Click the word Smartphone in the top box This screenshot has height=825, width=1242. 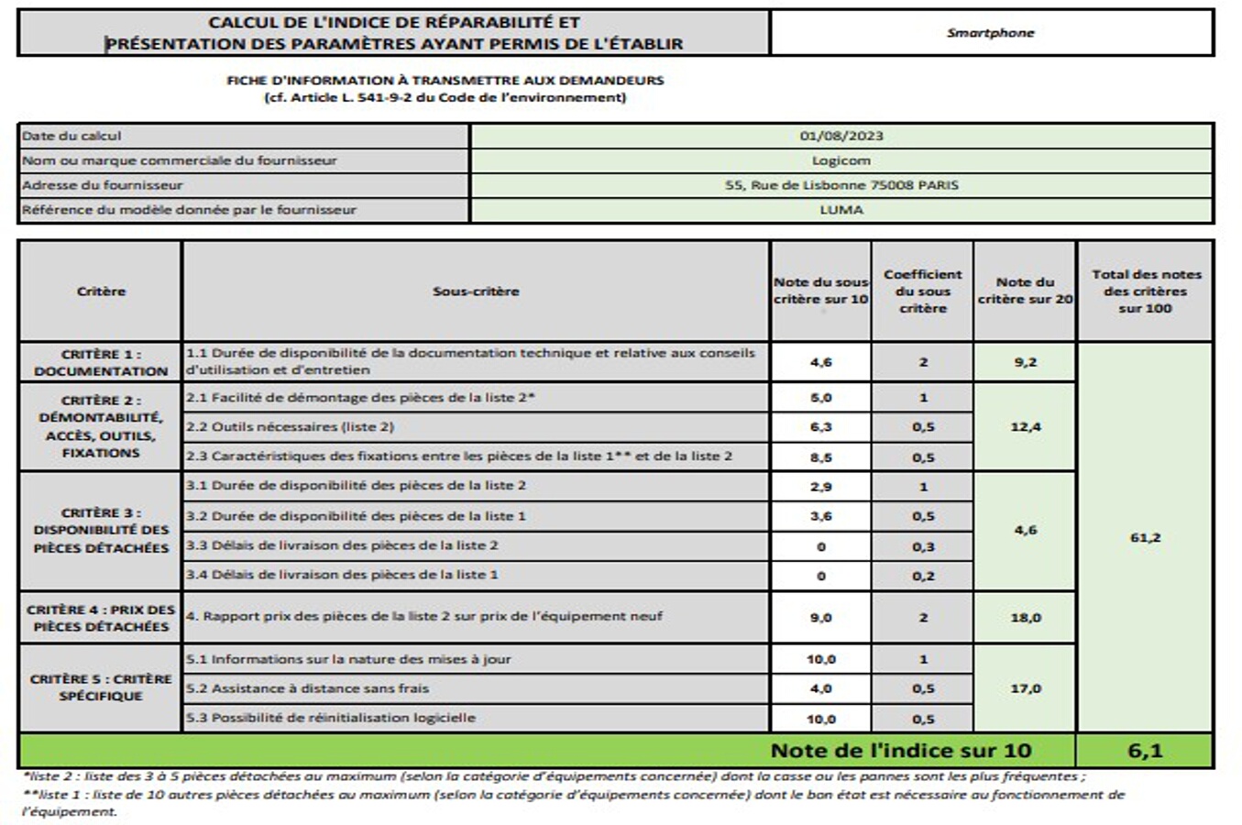click(x=990, y=33)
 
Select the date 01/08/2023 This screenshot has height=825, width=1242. click(x=841, y=136)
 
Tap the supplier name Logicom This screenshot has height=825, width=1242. click(x=841, y=160)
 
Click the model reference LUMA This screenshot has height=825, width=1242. click(x=841, y=210)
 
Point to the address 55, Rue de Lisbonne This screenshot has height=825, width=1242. click(x=841, y=185)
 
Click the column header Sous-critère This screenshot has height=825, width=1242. click(x=475, y=291)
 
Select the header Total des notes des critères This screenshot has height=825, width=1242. click(x=1145, y=291)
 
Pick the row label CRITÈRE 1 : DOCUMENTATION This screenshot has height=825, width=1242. click(x=101, y=363)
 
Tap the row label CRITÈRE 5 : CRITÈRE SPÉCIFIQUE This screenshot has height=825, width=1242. click(x=101, y=687)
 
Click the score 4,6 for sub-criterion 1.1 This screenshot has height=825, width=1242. click(x=820, y=362)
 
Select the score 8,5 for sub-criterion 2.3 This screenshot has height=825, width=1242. click(x=820, y=457)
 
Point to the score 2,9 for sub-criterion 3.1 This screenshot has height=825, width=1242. click(x=820, y=487)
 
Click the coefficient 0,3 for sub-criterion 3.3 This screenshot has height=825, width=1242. click(x=923, y=546)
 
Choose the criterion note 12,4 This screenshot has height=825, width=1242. click(x=1025, y=427)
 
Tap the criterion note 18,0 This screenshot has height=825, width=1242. click(x=1025, y=618)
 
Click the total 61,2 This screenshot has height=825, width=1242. click(x=1145, y=537)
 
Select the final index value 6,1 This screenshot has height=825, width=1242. click(x=1145, y=751)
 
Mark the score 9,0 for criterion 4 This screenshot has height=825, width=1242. click(x=820, y=618)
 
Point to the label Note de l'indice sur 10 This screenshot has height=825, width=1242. click(x=900, y=751)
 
